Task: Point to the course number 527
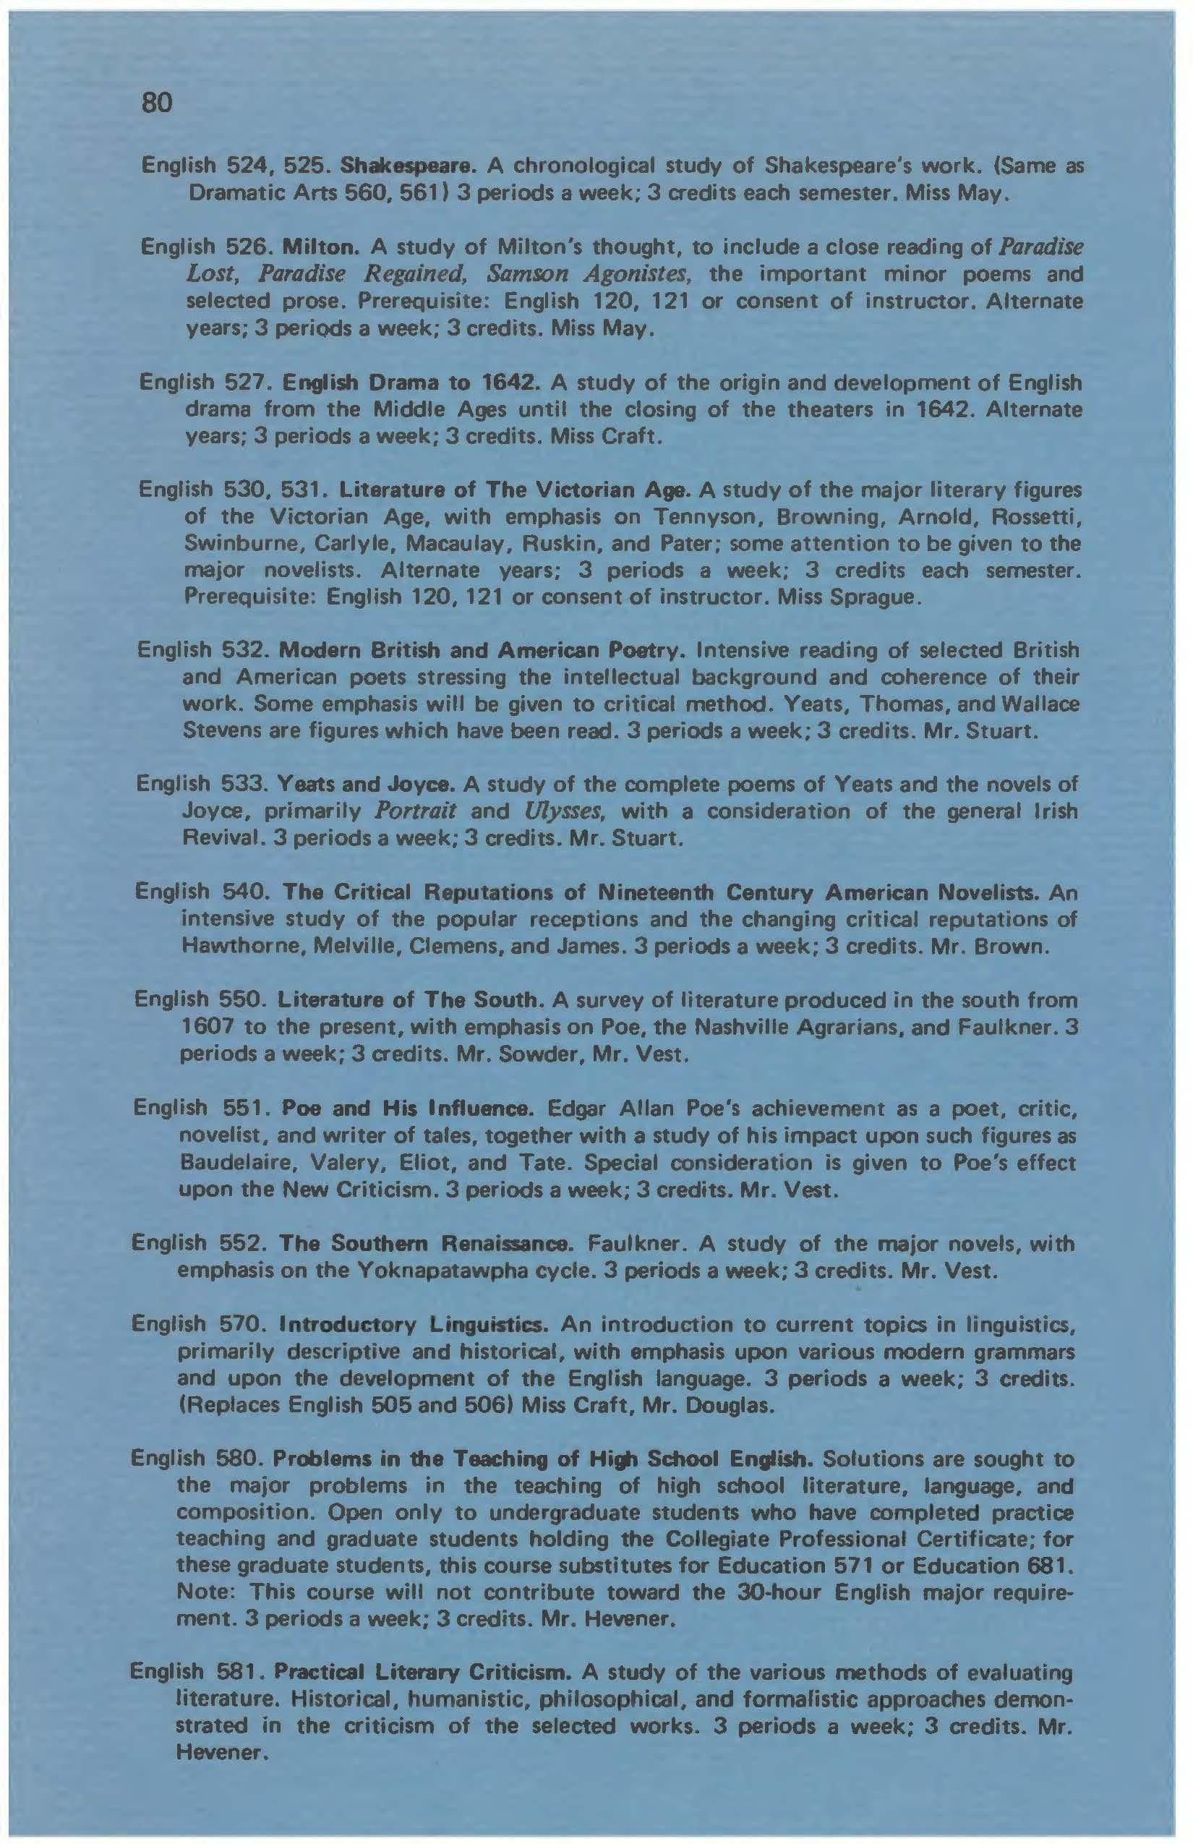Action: tap(247, 383)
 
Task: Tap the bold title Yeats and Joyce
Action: tap(368, 785)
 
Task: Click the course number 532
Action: tap(245, 650)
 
